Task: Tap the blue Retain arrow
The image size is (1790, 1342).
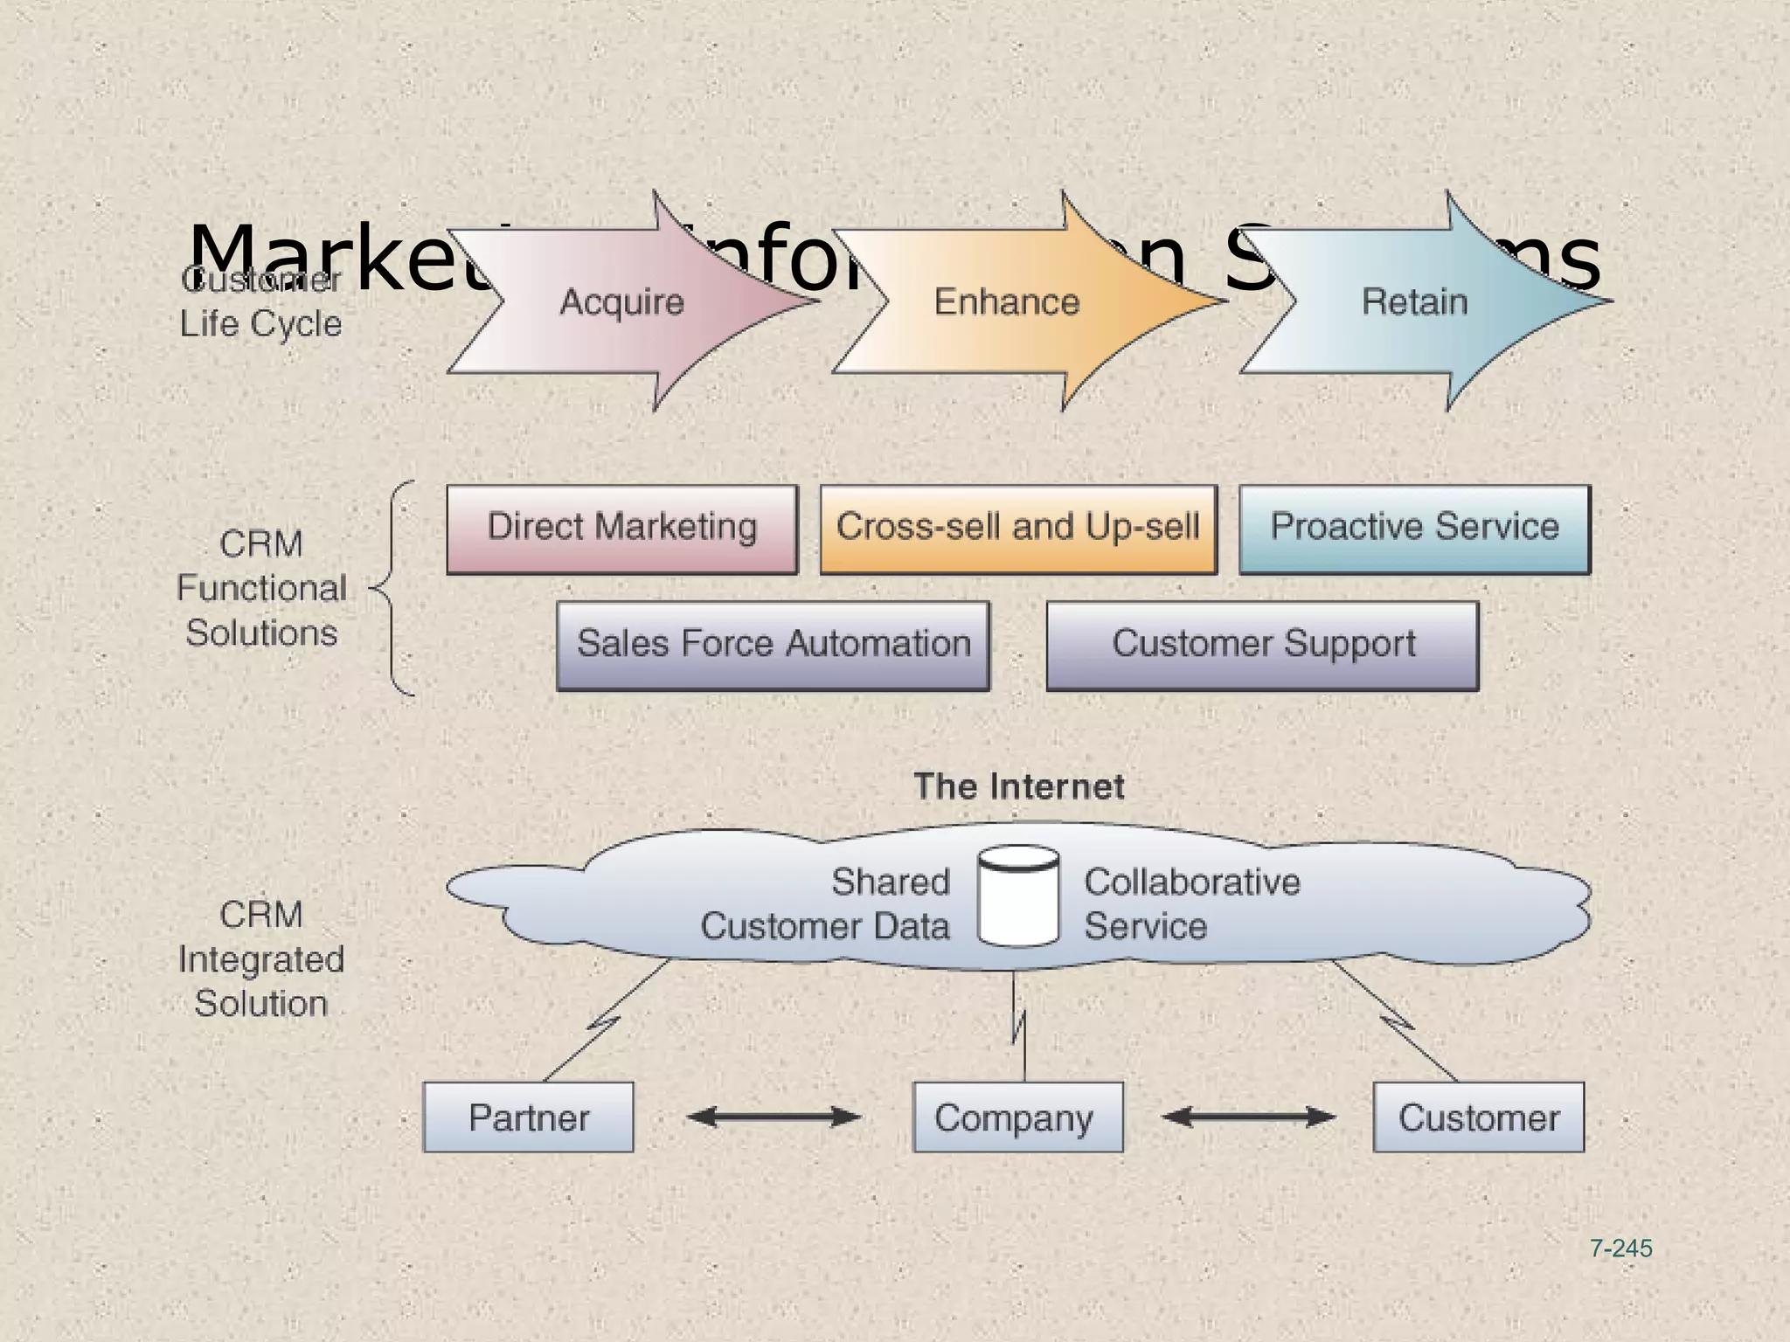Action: (1414, 302)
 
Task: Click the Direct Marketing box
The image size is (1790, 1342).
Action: (621, 529)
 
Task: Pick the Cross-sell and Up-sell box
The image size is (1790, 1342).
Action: (1018, 529)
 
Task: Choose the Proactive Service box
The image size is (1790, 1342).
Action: (1414, 529)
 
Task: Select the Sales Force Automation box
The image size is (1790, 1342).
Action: (774, 645)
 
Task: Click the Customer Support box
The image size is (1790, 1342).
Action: (1263, 645)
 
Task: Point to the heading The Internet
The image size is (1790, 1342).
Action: (1018, 786)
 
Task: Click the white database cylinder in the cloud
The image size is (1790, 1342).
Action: (1018, 897)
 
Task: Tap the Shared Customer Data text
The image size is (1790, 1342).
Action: (826, 904)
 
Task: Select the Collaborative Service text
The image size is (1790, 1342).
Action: (1190, 904)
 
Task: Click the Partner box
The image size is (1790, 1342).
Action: (529, 1117)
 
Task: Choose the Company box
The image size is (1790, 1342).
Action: (1017, 1117)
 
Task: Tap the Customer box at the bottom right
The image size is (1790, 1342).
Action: (1478, 1117)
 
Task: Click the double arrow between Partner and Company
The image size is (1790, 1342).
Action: (774, 1117)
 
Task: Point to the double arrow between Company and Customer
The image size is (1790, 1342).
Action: (1248, 1117)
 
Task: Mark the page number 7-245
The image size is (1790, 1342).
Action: (1620, 1249)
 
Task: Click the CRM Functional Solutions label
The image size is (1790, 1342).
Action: (261, 588)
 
